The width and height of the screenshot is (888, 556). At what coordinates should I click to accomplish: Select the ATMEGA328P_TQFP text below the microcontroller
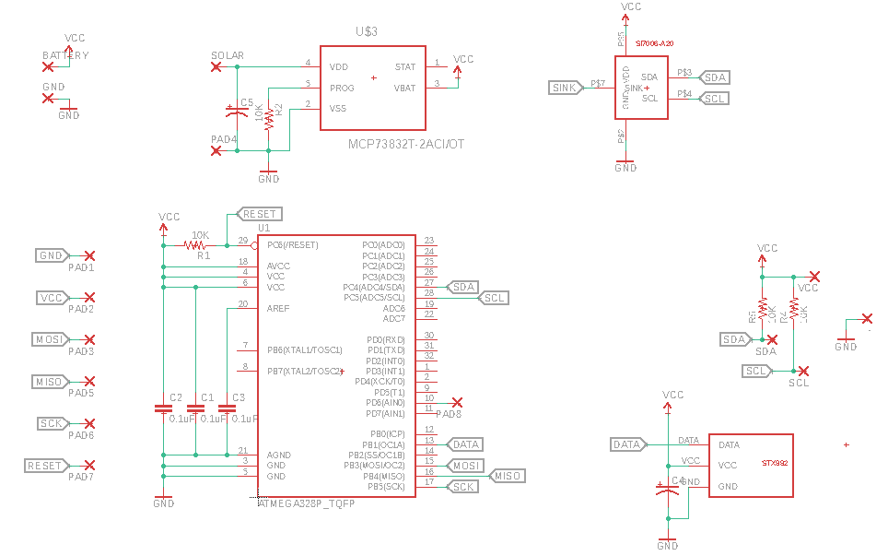pos(307,504)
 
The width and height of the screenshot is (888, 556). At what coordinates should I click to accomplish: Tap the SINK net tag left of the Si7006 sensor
pos(565,88)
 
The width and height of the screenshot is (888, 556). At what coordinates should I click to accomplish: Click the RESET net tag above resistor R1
pos(258,214)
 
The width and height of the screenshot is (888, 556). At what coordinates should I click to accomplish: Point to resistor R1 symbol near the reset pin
pos(194,245)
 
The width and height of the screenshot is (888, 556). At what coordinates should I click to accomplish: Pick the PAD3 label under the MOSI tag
pos(81,351)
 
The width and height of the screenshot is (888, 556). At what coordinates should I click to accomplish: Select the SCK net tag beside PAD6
pos(52,424)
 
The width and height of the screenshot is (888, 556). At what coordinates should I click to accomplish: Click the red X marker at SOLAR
pos(216,66)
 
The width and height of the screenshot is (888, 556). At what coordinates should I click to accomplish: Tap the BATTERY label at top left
pos(66,55)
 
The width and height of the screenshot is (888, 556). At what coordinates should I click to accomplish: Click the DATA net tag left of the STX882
pos(626,445)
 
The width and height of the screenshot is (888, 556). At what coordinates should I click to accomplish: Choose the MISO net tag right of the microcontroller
pos(506,476)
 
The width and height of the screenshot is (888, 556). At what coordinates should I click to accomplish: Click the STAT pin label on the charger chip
pos(405,67)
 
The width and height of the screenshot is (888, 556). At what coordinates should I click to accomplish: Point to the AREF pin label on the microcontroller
pos(278,308)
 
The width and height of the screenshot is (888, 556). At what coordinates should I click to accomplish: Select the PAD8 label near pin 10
pos(449,414)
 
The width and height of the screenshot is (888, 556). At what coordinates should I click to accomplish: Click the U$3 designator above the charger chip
pos(368,31)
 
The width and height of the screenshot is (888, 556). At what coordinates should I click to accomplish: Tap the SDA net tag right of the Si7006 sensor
pos(715,77)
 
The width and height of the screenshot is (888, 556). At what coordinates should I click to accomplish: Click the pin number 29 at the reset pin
pos(243,240)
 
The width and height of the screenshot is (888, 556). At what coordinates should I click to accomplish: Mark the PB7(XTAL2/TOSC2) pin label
pos(304,371)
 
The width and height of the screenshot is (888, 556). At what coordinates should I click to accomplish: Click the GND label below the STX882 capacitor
pos(668,546)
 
